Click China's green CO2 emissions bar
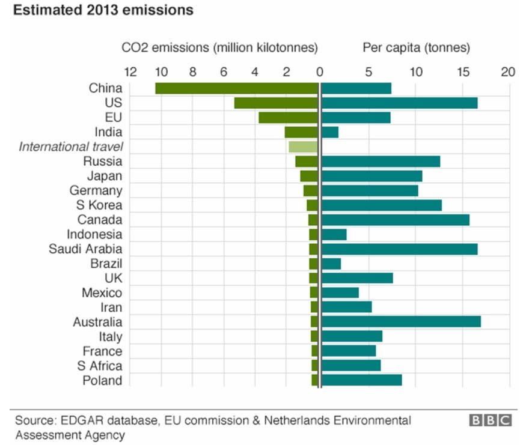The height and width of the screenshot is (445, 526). [236, 88]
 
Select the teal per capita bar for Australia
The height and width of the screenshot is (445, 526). [401, 322]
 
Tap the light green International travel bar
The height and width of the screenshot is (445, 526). [303, 147]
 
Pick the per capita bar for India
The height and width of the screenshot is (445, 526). [330, 132]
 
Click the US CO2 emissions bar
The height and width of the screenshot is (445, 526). [276, 103]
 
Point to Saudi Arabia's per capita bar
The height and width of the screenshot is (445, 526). [399, 249]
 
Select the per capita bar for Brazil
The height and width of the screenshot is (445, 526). [331, 264]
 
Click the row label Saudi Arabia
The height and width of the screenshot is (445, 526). [85, 249]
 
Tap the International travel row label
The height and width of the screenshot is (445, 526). [71, 147]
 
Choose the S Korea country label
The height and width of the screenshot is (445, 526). [100, 205]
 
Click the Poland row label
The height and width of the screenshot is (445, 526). [103, 380]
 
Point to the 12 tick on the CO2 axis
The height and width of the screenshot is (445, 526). [130, 72]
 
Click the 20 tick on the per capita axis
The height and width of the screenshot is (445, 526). [509, 72]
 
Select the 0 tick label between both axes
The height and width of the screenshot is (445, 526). [319, 72]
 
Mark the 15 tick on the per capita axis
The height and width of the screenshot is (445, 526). [463, 72]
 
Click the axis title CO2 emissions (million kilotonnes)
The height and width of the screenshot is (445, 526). [219, 47]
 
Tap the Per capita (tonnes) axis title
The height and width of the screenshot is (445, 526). [416, 47]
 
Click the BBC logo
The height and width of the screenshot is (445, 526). [491, 420]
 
